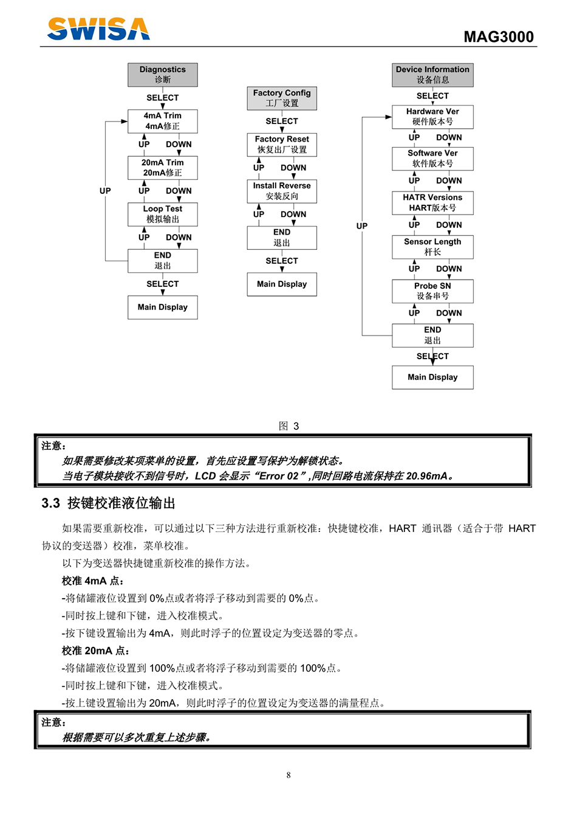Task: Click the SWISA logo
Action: tap(98, 29)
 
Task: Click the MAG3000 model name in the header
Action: tap(498, 37)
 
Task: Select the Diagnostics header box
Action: tap(163, 75)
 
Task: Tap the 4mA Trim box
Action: tap(163, 121)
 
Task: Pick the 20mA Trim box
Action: tap(163, 168)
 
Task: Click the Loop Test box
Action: tap(163, 214)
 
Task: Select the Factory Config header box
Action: tap(282, 98)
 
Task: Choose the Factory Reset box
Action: tap(282, 145)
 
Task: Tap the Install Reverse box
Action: tap(282, 191)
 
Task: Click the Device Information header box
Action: tap(432, 75)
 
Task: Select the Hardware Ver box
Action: tap(432, 117)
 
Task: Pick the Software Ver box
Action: tap(432, 159)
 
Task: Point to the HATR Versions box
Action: tap(432, 202)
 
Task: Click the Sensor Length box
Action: tap(432, 247)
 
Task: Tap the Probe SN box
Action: tap(432, 291)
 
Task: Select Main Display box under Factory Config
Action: tap(282, 284)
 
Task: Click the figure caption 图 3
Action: tap(288, 426)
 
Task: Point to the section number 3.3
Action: tap(51, 503)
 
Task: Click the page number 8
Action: tap(288, 775)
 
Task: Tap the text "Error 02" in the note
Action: tap(279, 476)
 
